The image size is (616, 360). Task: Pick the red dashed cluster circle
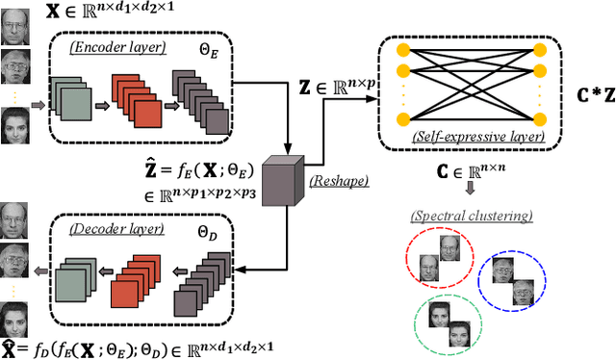coord(440,256)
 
